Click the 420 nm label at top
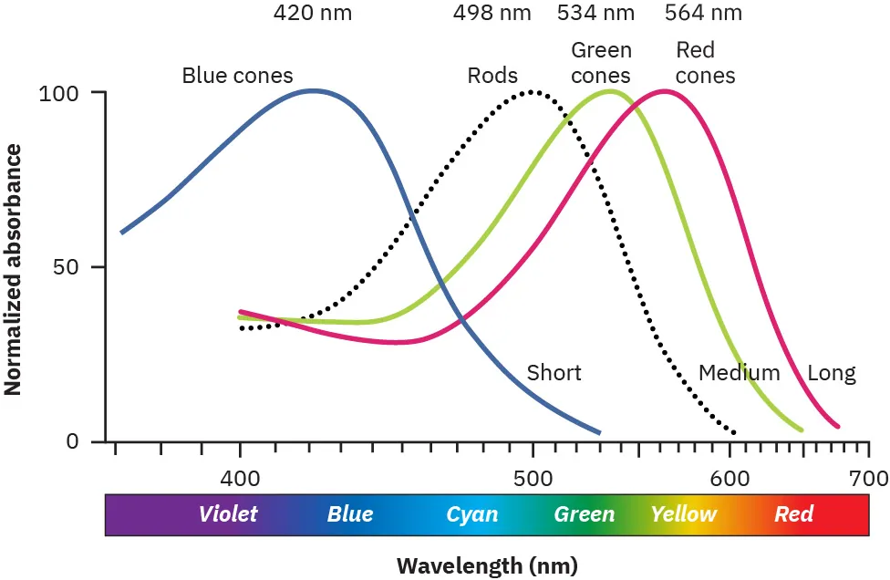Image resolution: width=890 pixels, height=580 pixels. (x=312, y=13)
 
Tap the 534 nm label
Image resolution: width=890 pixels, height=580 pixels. (x=595, y=13)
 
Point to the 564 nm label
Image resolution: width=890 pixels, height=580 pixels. (x=703, y=13)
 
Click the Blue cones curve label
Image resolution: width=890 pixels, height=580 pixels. (x=237, y=75)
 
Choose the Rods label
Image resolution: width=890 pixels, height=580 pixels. (x=492, y=75)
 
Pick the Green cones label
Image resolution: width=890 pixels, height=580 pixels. (x=601, y=62)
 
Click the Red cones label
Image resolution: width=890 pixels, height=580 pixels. (x=704, y=62)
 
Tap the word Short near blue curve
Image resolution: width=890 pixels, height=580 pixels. (x=554, y=372)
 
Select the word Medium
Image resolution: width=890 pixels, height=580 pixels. (x=739, y=372)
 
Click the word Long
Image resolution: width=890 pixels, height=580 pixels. (x=832, y=372)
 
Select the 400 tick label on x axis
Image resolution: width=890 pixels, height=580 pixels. (x=240, y=478)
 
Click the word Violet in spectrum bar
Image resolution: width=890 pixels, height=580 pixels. (x=228, y=514)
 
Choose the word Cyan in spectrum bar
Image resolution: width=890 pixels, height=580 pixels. (x=471, y=514)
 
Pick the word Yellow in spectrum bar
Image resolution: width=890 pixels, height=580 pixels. (x=683, y=514)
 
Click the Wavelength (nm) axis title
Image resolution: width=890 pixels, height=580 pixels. (x=486, y=564)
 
